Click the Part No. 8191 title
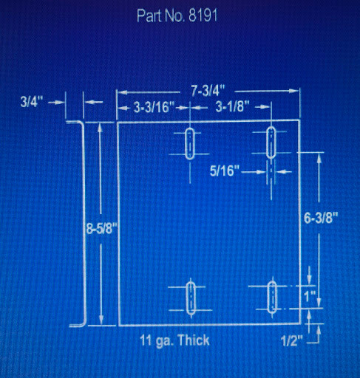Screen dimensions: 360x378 click(x=177, y=16)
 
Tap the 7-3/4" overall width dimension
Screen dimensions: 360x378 click(x=208, y=92)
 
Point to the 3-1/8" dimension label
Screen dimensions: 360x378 click(x=233, y=107)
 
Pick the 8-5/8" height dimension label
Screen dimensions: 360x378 click(x=102, y=229)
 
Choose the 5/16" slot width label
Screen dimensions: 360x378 click(x=225, y=171)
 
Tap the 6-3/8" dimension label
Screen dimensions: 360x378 click(x=320, y=218)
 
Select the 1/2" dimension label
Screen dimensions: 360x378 click(x=291, y=341)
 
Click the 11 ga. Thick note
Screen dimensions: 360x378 click(x=174, y=340)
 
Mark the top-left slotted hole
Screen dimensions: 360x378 click(x=190, y=143)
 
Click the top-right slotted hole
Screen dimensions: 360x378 click(x=271, y=142)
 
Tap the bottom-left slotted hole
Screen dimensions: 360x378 click(x=191, y=298)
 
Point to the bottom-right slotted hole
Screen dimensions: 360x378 click(x=272, y=297)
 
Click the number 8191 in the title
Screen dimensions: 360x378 click(x=203, y=16)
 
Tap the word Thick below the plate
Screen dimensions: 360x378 click(x=193, y=340)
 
